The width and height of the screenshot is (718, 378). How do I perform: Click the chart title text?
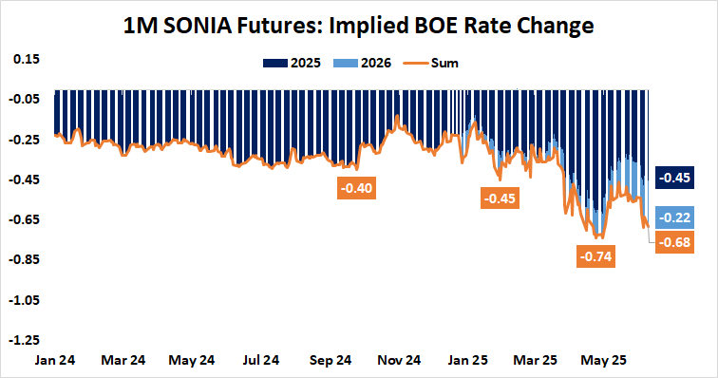(x=359, y=26)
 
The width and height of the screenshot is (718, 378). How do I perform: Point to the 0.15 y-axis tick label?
(x=27, y=59)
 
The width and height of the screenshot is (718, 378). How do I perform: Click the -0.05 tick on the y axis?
(x=25, y=99)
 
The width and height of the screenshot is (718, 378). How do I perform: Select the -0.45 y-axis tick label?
(x=25, y=180)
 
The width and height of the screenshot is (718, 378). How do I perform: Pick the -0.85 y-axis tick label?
(x=25, y=259)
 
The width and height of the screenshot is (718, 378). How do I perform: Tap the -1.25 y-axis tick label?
(x=25, y=339)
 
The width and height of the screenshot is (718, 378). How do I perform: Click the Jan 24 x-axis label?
(x=56, y=361)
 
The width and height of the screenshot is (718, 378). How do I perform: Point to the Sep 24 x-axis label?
(x=331, y=361)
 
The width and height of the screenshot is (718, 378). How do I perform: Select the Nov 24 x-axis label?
(x=400, y=361)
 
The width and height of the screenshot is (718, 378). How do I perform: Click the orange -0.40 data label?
(x=357, y=188)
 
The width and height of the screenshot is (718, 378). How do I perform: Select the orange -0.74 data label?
(x=596, y=255)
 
